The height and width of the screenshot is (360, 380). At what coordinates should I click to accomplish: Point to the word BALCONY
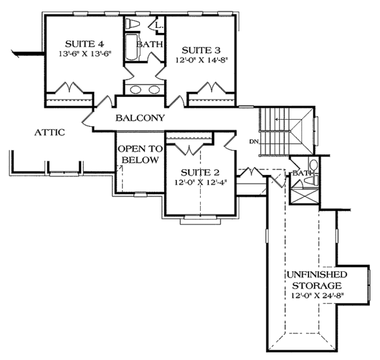[140, 117]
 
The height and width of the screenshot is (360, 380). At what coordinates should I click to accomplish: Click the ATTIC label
[49, 132]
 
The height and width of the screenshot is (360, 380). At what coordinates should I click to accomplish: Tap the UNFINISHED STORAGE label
[315, 280]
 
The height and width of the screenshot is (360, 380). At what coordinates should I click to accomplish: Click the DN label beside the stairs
[254, 140]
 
